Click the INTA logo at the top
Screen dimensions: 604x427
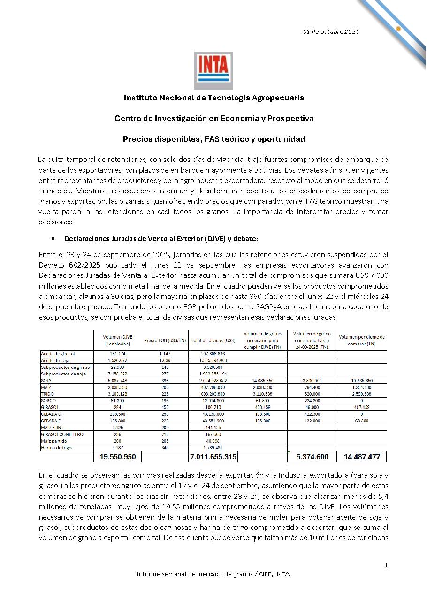click(213, 70)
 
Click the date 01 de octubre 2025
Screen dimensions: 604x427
click(331, 31)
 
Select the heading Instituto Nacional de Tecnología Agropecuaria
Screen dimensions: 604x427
click(214, 98)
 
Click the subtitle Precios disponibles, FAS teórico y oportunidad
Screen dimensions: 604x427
click(214, 139)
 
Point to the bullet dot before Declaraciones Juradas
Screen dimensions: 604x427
click(54, 239)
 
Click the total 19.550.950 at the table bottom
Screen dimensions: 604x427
click(118, 457)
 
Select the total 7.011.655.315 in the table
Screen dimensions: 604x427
click(213, 457)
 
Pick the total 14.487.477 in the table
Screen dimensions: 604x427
click(361, 457)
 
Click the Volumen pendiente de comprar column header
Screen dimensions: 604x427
click(361, 340)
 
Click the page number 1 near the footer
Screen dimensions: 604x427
click(386, 566)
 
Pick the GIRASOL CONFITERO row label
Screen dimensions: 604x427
click(62, 434)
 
